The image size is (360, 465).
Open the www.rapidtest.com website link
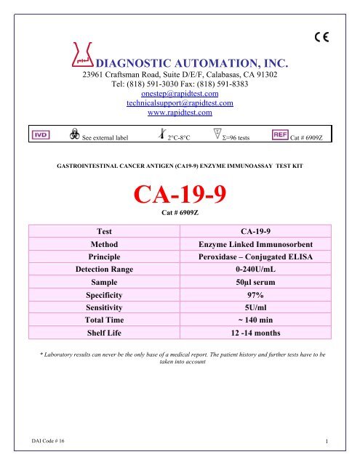(x=179, y=113)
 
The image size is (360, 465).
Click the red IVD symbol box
(x=39, y=135)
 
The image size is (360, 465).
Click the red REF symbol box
(x=279, y=135)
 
